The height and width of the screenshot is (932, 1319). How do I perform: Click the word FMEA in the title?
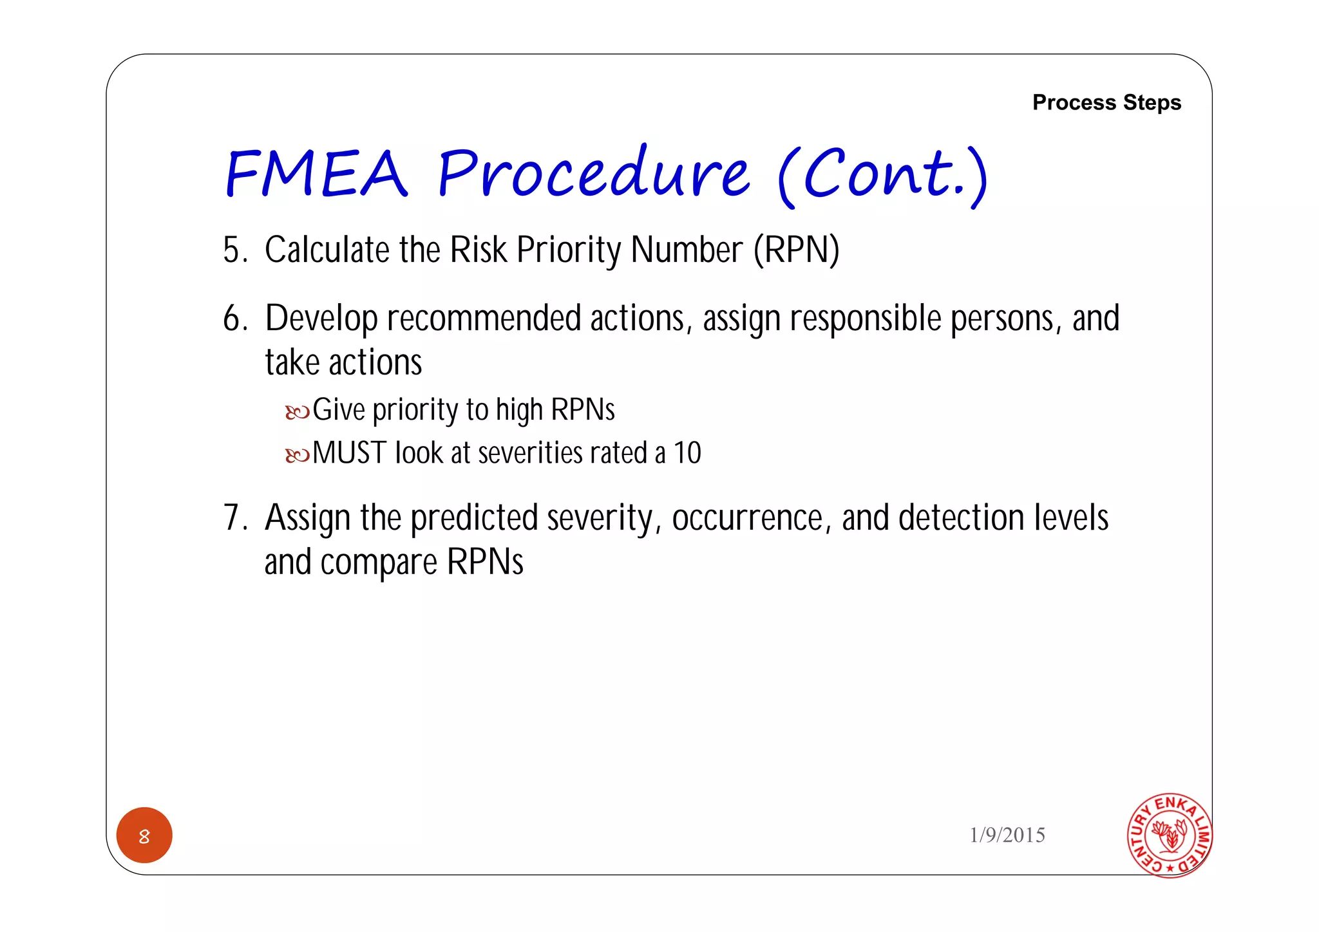click(316, 174)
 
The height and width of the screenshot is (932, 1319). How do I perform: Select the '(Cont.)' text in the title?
click(882, 175)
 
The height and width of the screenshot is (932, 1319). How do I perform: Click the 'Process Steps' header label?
click(1106, 103)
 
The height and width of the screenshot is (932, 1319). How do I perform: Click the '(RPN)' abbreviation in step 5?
click(797, 250)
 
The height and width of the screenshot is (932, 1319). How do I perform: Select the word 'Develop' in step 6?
click(321, 319)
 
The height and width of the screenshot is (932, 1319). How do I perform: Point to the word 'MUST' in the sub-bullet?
click(349, 453)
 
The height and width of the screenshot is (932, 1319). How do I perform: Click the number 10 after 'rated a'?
click(687, 453)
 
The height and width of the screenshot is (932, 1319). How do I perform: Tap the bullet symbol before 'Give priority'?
click(298, 412)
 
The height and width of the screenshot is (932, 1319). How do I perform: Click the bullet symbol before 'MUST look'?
click(298, 456)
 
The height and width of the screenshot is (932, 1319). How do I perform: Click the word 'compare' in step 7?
click(379, 563)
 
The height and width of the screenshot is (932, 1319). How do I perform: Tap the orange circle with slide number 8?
click(144, 835)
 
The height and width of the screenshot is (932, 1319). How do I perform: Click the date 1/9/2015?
click(1007, 835)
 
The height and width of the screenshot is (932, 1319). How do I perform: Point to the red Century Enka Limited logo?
click(1170, 835)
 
